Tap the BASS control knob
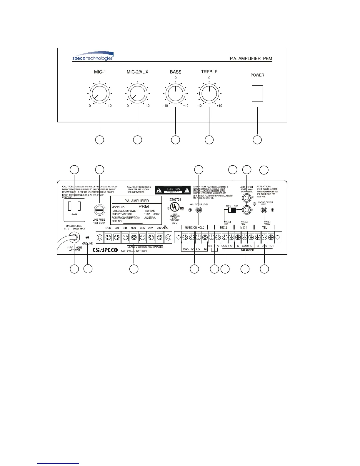[x=175, y=94]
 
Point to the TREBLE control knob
[x=209, y=94]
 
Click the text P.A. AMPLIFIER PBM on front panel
[x=251, y=59]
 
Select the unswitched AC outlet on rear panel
[x=74, y=209]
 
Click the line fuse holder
[x=99, y=211]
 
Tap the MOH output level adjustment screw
[x=199, y=210]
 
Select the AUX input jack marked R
[x=246, y=198]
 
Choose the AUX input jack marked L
[x=246, y=210]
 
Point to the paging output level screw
[x=264, y=210]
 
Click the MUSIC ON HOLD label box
[x=194, y=227]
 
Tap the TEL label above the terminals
[x=264, y=227]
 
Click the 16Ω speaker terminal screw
[x=134, y=237]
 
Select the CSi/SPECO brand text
[x=105, y=250]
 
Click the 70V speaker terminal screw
[x=160, y=237]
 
